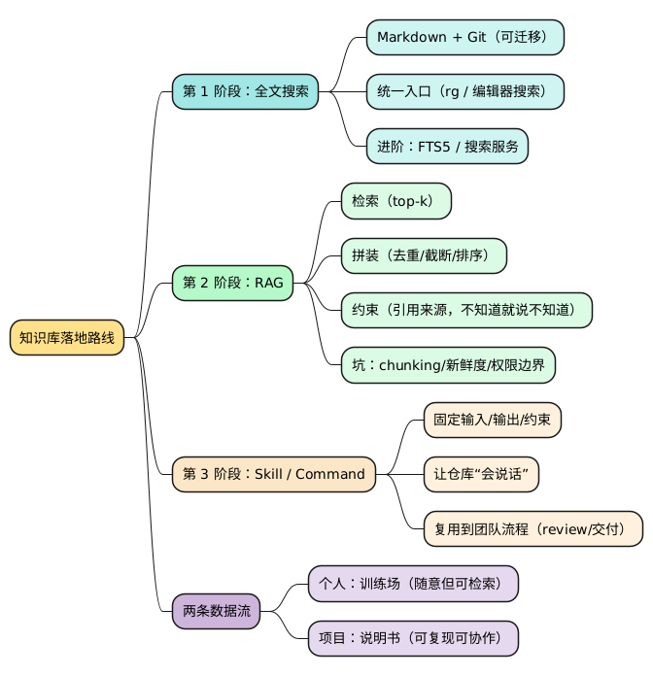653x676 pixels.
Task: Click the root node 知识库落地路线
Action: click(x=67, y=338)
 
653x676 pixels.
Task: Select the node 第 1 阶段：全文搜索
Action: click(x=245, y=91)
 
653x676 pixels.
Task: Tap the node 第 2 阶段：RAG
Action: click(x=232, y=283)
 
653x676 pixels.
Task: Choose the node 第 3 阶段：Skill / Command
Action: click(x=273, y=474)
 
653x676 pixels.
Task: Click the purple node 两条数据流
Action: click(x=216, y=611)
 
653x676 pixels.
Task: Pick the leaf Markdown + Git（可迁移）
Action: click(x=464, y=37)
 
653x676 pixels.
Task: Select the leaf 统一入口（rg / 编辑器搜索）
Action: click(x=464, y=91)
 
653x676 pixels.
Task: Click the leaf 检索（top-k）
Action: click(x=395, y=201)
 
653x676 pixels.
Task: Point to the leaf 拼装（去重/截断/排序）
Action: click(x=424, y=255)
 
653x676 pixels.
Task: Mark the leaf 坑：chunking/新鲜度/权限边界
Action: click(x=447, y=365)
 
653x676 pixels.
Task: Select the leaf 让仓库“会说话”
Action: click(x=481, y=474)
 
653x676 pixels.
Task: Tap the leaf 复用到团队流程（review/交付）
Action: click(x=533, y=529)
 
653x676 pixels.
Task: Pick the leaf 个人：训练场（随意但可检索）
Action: click(x=412, y=584)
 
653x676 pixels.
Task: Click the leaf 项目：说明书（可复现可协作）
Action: click(x=412, y=638)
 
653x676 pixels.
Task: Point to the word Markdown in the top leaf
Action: click(x=411, y=37)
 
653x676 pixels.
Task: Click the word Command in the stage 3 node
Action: click(x=329, y=474)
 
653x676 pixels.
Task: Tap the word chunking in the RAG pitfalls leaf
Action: click(x=408, y=365)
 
